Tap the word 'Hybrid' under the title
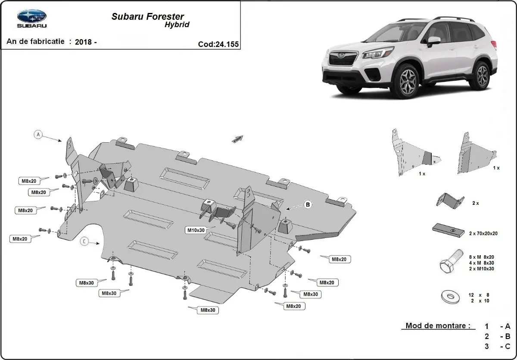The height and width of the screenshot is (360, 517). pyautogui.click(x=177, y=25)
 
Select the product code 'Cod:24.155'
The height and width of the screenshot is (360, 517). pyautogui.click(x=218, y=44)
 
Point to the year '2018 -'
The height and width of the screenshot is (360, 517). pyautogui.click(x=86, y=42)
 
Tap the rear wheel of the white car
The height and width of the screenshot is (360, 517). pyautogui.click(x=482, y=75)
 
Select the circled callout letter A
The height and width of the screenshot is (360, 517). pyautogui.click(x=38, y=135)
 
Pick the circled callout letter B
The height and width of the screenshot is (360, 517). pyautogui.click(x=308, y=205)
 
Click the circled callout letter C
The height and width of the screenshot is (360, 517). pyautogui.click(x=84, y=242)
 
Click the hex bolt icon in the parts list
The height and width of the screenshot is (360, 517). pyautogui.click(x=448, y=263)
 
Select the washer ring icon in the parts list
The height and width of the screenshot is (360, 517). pyautogui.click(x=449, y=297)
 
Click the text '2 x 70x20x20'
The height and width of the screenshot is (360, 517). pyautogui.click(x=483, y=233)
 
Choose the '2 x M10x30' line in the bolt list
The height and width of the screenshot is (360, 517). pyautogui.click(x=482, y=269)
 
